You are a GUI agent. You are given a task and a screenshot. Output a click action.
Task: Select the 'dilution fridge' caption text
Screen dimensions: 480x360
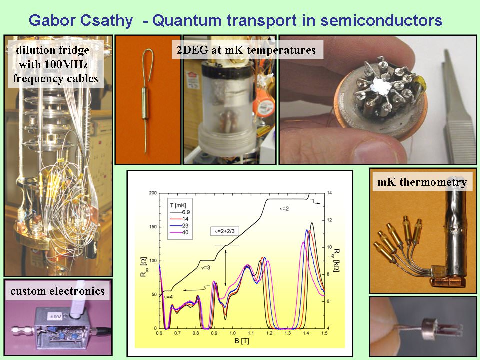pos(52,50)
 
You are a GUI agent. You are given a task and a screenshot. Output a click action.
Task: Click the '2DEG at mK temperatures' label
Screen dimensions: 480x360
pos(246,50)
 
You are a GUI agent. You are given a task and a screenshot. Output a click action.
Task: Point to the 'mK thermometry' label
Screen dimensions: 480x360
pos(422,182)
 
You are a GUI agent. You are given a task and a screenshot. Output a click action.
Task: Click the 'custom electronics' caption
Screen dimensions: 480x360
pos(57,291)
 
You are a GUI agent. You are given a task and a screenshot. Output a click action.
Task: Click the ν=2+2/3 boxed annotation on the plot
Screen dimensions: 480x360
pos(224,231)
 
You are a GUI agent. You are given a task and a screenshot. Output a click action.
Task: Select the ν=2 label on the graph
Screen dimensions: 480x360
pos(284,209)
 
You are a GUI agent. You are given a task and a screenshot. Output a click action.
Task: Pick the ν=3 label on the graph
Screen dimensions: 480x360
pos(205,268)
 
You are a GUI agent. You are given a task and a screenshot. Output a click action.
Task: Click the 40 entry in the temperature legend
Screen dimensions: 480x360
pos(185,232)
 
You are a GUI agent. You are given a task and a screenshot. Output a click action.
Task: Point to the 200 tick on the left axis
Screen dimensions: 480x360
pos(153,193)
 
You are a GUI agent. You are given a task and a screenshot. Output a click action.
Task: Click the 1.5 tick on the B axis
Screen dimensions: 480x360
pos(324,333)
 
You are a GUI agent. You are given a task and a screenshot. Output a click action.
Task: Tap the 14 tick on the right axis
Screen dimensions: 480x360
pos(329,193)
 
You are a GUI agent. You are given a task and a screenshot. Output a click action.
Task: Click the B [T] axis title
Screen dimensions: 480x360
pos(241,341)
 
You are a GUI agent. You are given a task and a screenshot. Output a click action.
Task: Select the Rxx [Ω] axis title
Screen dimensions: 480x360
pos(143,267)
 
